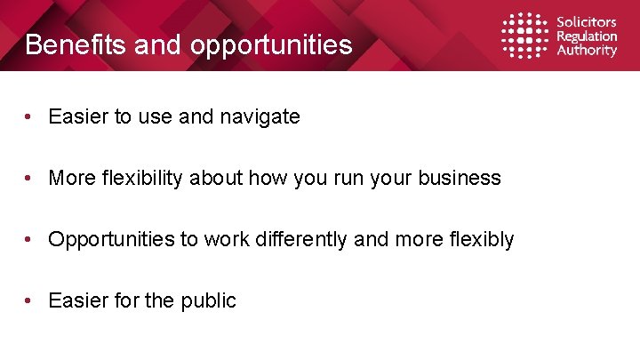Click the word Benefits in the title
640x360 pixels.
[x=76, y=44]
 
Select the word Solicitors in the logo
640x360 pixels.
[x=586, y=21]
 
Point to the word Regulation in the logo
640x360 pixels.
[x=587, y=36]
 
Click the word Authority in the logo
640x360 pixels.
[x=586, y=51]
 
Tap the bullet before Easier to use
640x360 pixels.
[x=30, y=116]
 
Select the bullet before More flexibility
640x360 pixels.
[x=30, y=178]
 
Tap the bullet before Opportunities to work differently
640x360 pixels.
[x=30, y=239]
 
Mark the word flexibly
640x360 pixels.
[x=482, y=239]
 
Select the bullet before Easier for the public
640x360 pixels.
[x=30, y=300]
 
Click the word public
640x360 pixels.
[x=207, y=300]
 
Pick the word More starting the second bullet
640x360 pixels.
[x=70, y=178]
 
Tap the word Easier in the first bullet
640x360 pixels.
[x=77, y=116]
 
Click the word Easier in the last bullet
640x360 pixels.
[x=77, y=300]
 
